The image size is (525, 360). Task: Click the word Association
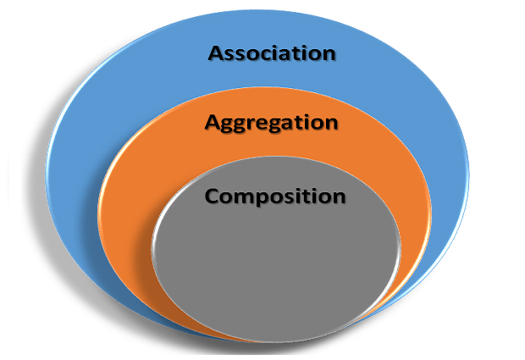coord(272,53)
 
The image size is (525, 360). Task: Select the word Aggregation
coord(271,123)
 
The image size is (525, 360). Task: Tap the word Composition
coord(275,197)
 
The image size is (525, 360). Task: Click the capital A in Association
coord(217,53)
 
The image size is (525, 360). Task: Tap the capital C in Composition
coord(213,197)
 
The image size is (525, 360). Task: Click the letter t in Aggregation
coord(298,122)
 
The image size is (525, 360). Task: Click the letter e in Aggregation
coord(268,124)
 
